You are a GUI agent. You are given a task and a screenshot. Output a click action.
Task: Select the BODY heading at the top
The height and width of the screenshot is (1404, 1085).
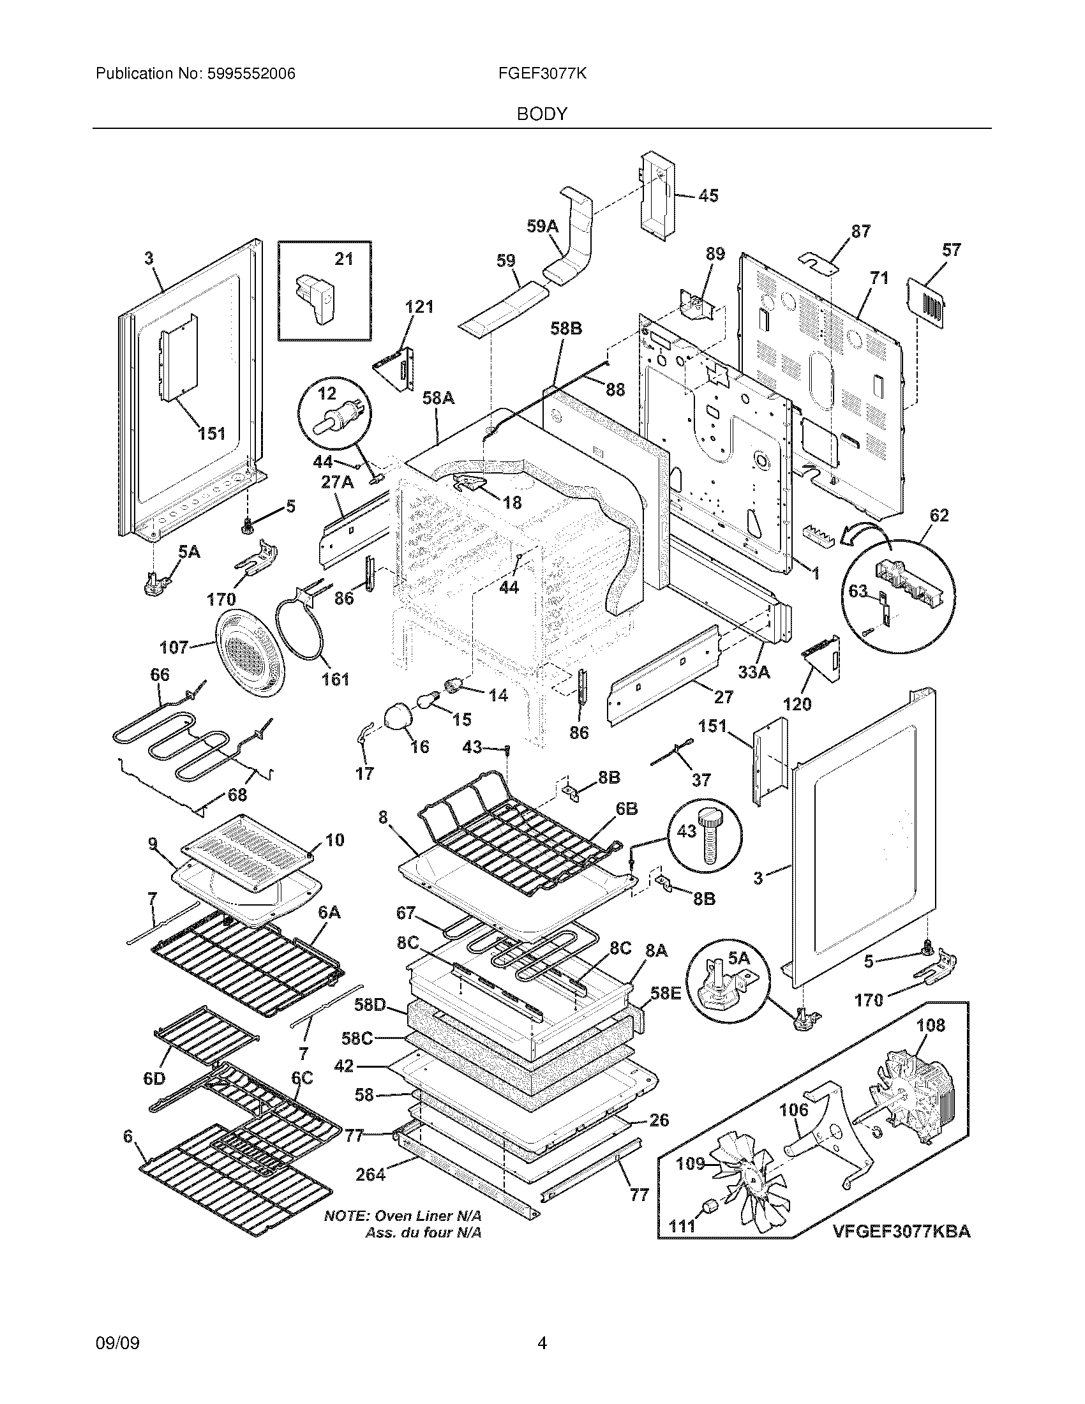click(542, 114)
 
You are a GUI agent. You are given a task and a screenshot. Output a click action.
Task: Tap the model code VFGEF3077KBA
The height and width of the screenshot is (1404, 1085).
click(902, 1232)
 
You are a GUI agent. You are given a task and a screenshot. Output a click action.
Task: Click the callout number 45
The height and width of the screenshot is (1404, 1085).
click(708, 195)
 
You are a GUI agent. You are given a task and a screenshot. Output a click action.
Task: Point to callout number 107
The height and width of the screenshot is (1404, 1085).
click(174, 647)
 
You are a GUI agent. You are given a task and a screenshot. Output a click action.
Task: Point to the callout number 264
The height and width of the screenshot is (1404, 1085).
click(371, 1174)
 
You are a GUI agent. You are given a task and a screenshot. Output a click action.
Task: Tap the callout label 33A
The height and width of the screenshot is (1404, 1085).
click(754, 673)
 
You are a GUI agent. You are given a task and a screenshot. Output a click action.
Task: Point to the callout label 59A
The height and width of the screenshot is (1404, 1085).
click(542, 226)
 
